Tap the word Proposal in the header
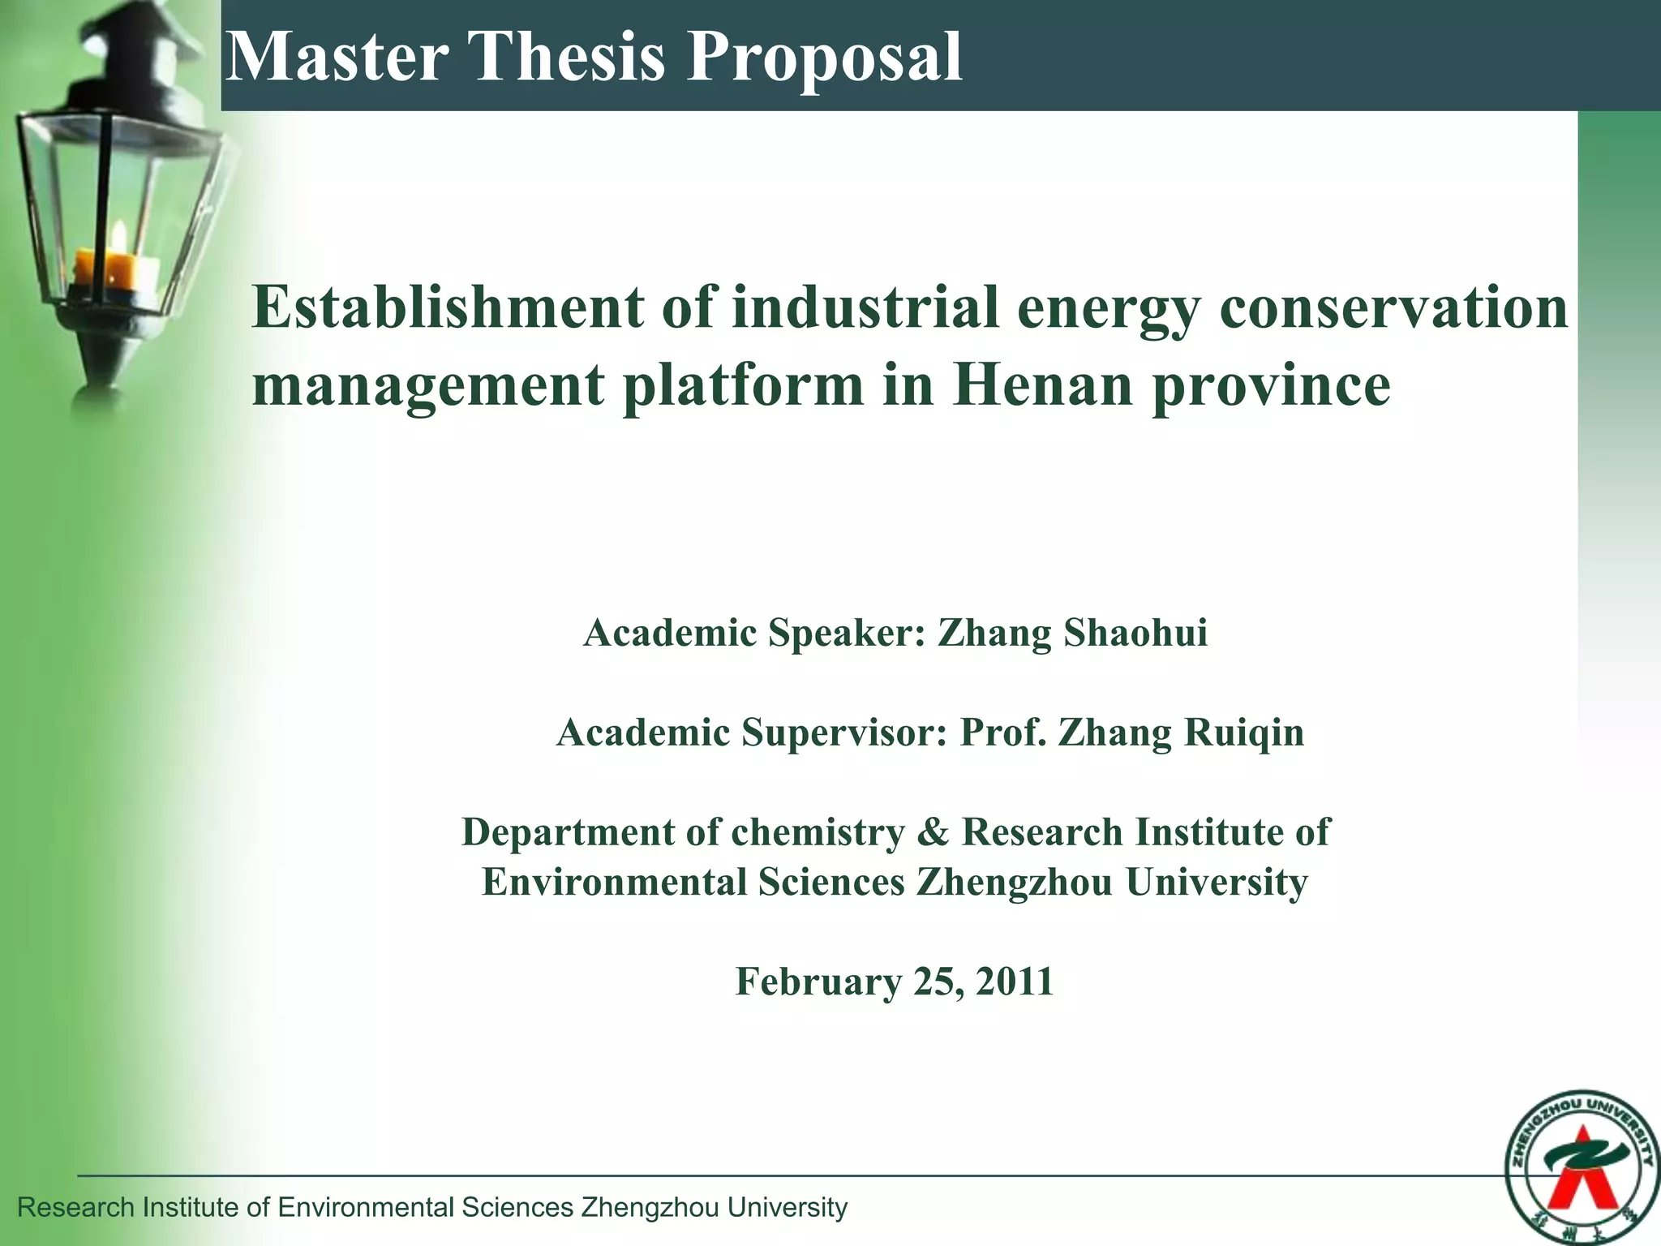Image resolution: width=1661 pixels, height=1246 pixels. click(824, 58)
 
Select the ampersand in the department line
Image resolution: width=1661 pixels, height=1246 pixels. click(934, 832)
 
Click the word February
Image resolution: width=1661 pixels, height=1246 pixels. click(818, 982)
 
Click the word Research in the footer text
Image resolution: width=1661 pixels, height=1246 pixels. click(75, 1208)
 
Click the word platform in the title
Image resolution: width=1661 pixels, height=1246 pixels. click(743, 385)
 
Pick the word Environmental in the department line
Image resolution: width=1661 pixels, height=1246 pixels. click(613, 883)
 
